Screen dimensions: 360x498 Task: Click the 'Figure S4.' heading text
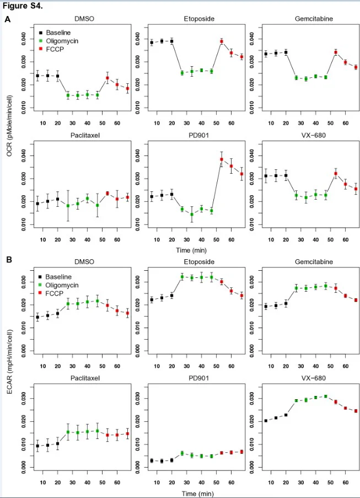23,6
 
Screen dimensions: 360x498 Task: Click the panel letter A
8,19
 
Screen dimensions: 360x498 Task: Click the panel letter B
9,260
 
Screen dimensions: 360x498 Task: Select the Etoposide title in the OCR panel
199,19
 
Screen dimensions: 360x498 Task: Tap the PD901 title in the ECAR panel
199,378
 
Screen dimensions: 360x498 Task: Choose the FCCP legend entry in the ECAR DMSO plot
51,293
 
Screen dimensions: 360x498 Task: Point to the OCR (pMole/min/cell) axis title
10,125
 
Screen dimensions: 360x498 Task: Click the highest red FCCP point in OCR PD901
222,159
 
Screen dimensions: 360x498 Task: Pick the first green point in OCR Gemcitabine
296,78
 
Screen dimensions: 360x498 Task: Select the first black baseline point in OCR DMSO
37,76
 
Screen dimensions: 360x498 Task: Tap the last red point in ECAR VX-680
356,411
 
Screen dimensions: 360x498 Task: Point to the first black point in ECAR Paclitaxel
37,446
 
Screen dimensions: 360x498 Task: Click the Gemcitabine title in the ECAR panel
314,262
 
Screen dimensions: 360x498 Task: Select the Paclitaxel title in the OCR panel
85,135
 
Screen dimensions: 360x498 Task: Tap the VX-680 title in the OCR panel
314,135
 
